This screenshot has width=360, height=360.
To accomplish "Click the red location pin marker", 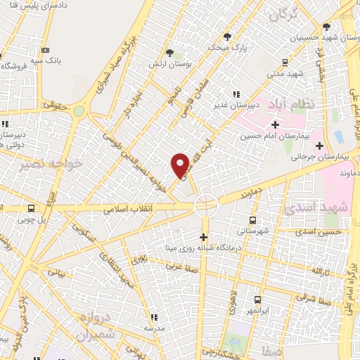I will (181, 165).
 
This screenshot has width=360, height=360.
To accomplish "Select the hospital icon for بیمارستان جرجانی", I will (320, 146).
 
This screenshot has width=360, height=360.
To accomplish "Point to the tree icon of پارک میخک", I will (226, 36).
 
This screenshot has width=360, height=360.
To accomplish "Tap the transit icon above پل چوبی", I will (31, 208).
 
